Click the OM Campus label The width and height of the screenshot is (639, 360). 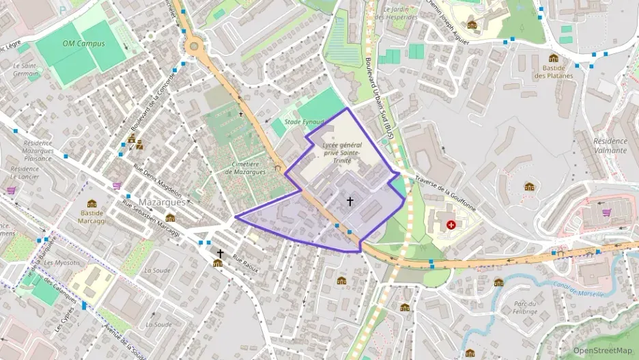coord(83,43)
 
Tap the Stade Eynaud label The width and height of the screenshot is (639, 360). coord(303,122)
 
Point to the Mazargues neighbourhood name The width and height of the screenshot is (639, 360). coord(162,203)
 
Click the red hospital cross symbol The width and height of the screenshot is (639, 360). coord(451,224)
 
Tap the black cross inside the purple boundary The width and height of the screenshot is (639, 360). coord(350,201)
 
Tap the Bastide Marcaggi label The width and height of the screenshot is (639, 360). coord(91,216)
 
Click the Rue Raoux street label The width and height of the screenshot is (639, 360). coord(246,263)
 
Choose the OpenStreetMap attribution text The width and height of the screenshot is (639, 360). coord(602,350)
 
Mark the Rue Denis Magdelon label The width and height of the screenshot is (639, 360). coord(157,179)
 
